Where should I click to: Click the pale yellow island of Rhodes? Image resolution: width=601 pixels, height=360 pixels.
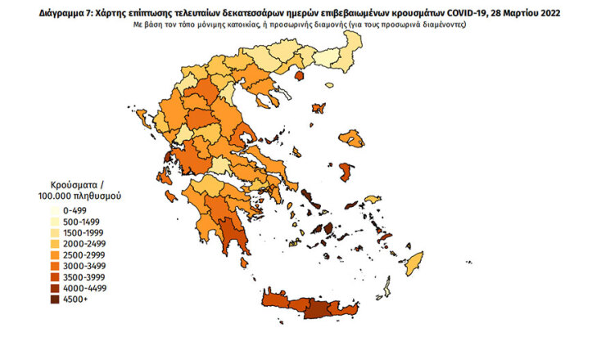[x=414, y=263]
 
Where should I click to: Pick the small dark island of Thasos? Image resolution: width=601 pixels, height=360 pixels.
[x=299, y=76]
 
